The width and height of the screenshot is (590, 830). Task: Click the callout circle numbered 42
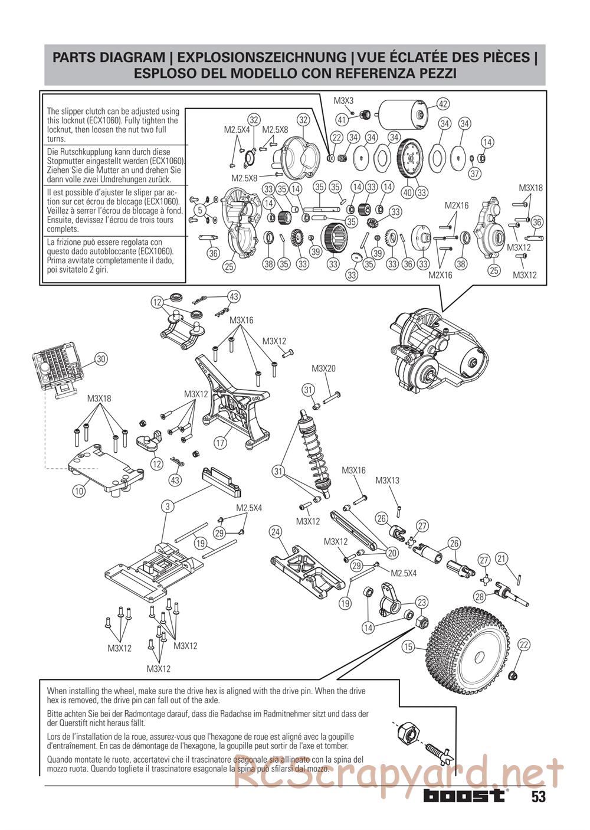[443, 104]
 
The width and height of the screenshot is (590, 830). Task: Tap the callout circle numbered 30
[101, 358]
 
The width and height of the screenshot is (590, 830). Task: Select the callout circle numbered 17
[221, 442]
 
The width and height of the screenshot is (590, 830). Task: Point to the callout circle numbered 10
[79, 489]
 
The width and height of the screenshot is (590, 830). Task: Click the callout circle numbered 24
[275, 532]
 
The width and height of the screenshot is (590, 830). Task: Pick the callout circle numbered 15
[408, 647]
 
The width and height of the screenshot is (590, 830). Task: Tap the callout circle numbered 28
[480, 596]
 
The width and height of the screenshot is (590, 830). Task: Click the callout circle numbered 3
[168, 507]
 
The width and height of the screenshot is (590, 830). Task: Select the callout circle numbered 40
[407, 192]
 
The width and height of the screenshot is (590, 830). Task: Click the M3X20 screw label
[323, 369]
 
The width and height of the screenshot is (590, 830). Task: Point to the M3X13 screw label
[387, 481]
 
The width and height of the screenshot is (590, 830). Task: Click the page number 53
[537, 797]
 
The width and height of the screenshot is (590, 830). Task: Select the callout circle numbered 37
[475, 174]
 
